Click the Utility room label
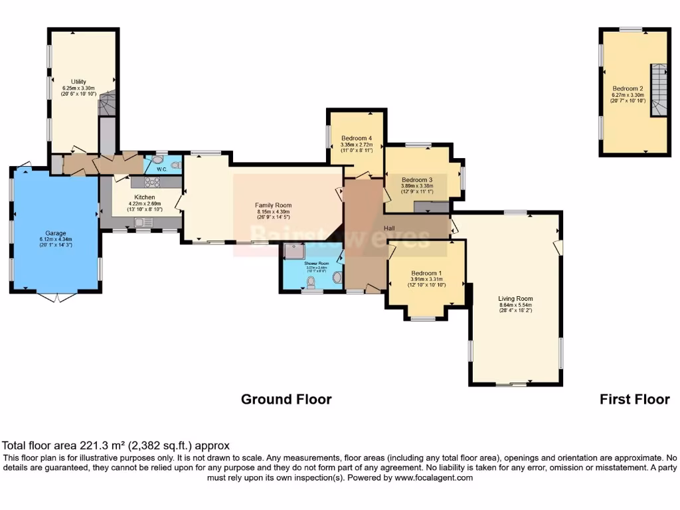click(x=79, y=82)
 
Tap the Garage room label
click(x=56, y=234)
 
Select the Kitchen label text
click(x=145, y=197)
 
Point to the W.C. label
click(x=162, y=169)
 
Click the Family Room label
click(x=273, y=205)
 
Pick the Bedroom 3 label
click(x=417, y=180)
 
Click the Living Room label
click(x=515, y=299)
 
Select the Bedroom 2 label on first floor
click(x=628, y=88)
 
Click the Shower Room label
click(x=317, y=263)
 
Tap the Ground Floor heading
click(x=286, y=399)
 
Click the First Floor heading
click(x=634, y=399)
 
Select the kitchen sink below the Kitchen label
click(x=144, y=222)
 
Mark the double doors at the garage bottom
click(x=56, y=297)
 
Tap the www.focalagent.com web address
click(x=434, y=477)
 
